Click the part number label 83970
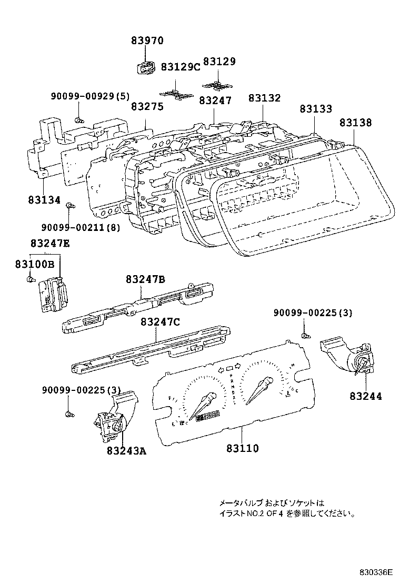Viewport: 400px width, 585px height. pos(147,41)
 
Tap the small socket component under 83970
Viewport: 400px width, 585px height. pos(145,68)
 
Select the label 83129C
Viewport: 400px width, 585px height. pos(181,67)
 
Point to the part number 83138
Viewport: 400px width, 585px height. pos(355,123)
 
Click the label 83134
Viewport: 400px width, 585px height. pos(44,200)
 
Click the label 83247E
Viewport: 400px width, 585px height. pos(50,243)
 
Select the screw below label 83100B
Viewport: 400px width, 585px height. pos(30,278)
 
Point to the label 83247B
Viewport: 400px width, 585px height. pos(146,279)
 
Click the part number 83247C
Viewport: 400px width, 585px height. pos(160,322)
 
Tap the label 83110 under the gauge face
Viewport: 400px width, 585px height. pos(243,448)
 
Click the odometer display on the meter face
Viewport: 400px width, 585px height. pos(207,418)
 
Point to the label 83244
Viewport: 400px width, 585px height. pos(365,396)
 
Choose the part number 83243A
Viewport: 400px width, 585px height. pos(126,450)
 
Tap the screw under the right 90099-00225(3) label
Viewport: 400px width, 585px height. pos(304,335)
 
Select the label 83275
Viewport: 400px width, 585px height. pos(147,106)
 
